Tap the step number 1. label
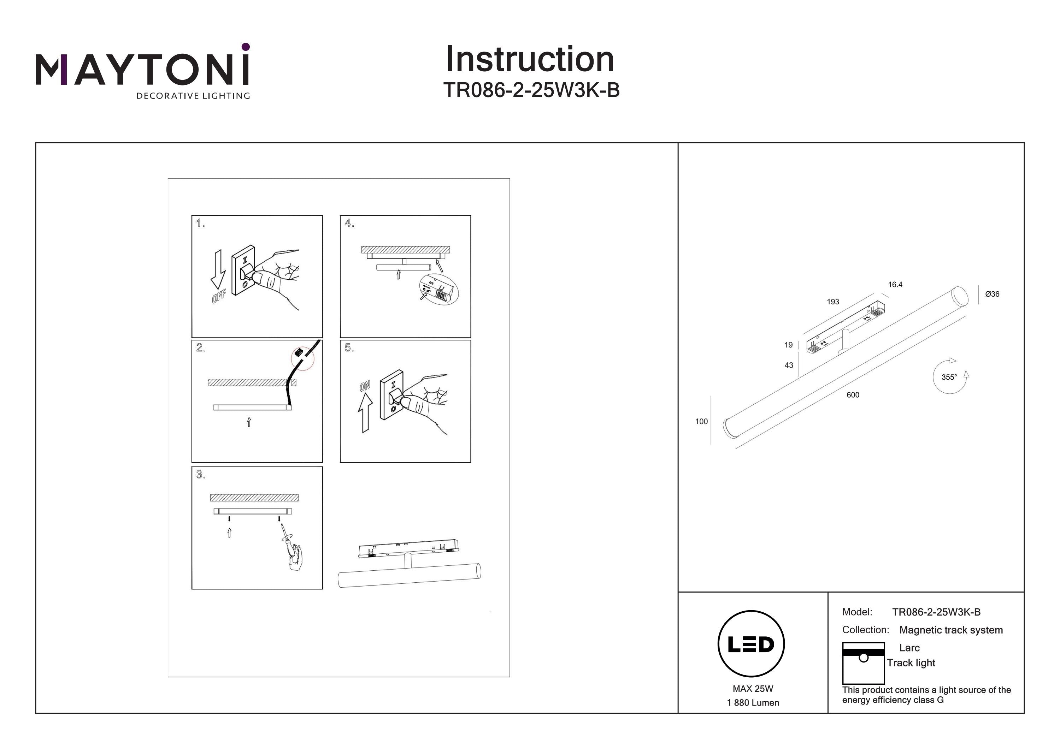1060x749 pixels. [200, 224]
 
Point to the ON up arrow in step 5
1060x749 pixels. [366, 413]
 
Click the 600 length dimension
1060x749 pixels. [853, 394]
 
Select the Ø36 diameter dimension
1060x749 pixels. [992, 294]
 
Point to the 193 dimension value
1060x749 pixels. [833, 302]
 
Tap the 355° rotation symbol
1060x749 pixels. [950, 376]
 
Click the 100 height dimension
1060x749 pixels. [701, 421]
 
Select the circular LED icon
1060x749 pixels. [751, 644]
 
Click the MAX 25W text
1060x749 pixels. [753, 689]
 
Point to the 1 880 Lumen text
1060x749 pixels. [753, 703]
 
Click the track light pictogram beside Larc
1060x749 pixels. [863, 663]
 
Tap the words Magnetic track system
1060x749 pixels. [951, 630]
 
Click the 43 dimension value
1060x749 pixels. [789, 365]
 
